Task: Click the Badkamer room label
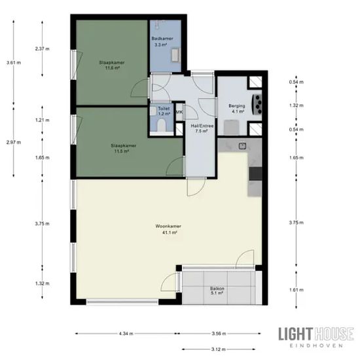click(x=162, y=41)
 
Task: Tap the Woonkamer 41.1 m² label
click(x=168, y=229)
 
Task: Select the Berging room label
click(x=237, y=109)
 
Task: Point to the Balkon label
click(x=217, y=291)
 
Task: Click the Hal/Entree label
click(x=202, y=128)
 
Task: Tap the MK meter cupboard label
click(x=179, y=113)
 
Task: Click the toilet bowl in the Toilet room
click(x=162, y=125)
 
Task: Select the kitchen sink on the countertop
click(x=242, y=145)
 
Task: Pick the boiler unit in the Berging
click(x=257, y=105)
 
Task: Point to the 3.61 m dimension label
click(x=14, y=62)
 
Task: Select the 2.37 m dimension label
click(x=43, y=48)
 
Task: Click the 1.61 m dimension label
click(x=297, y=290)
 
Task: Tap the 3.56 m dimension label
click(x=219, y=334)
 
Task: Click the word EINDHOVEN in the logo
click(x=316, y=346)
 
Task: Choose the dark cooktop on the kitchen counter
click(x=255, y=173)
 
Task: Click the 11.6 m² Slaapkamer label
click(x=112, y=65)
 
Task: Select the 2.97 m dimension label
click(x=14, y=142)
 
